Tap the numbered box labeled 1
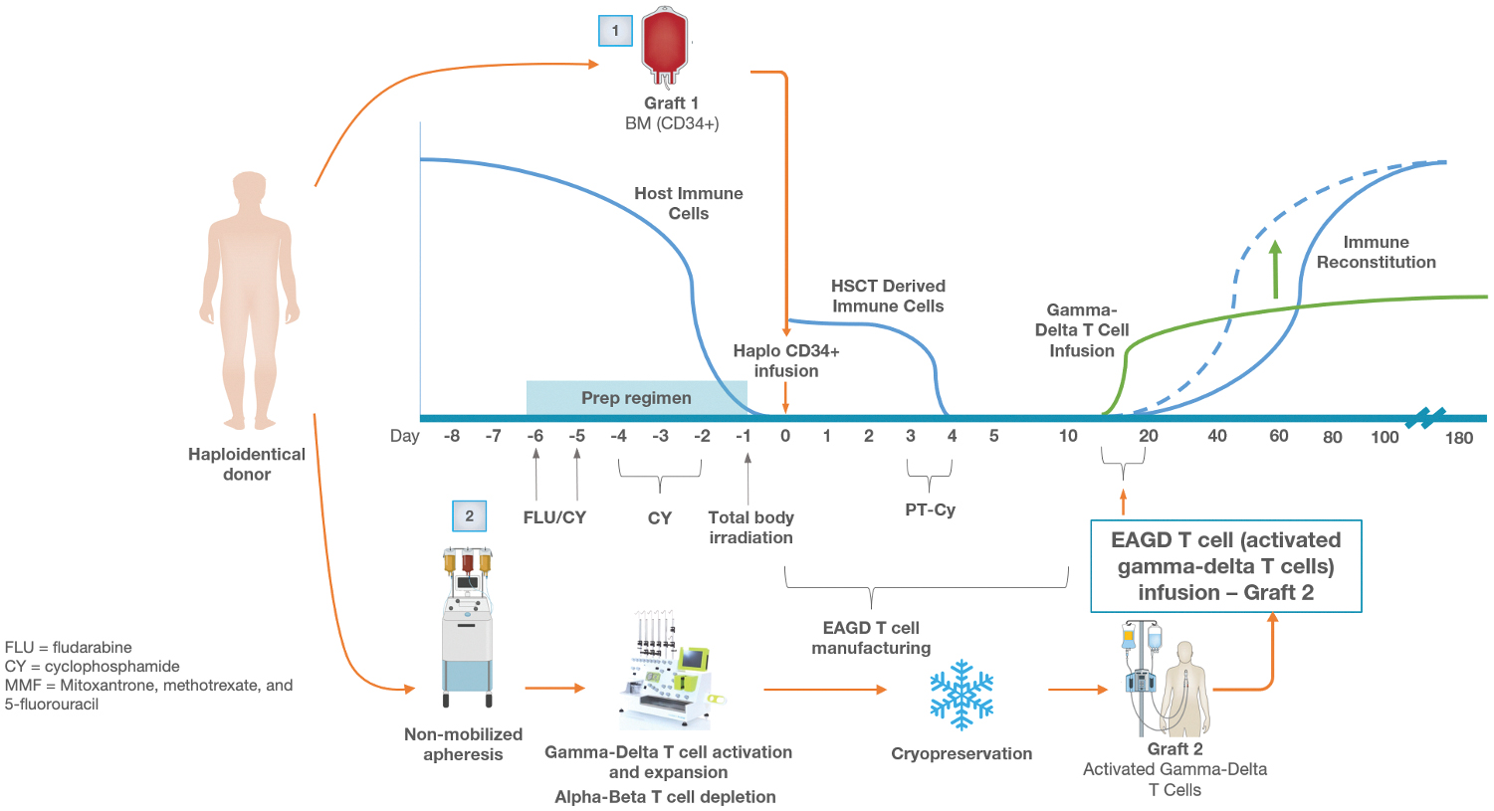click(x=615, y=31)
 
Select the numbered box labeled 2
click(x=469, y=515)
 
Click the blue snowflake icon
click(x=961, y=694)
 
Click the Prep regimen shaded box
click(x=636, y=397)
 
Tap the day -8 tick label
click(x=452, y=436)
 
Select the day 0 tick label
click(x=785, y=436)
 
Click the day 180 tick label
click(x=1458, y=438)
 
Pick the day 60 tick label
click(x=1279, y=436)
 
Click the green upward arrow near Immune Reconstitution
click(x=1276, y=269)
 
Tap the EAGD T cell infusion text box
click(x=1225, y=566)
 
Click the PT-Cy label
click(x=930, y=509)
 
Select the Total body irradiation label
click(x=750, y=527)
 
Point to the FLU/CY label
click(x=554, y=517)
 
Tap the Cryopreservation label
click(x=961, y=753)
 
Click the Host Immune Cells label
click(x=689, y=203)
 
